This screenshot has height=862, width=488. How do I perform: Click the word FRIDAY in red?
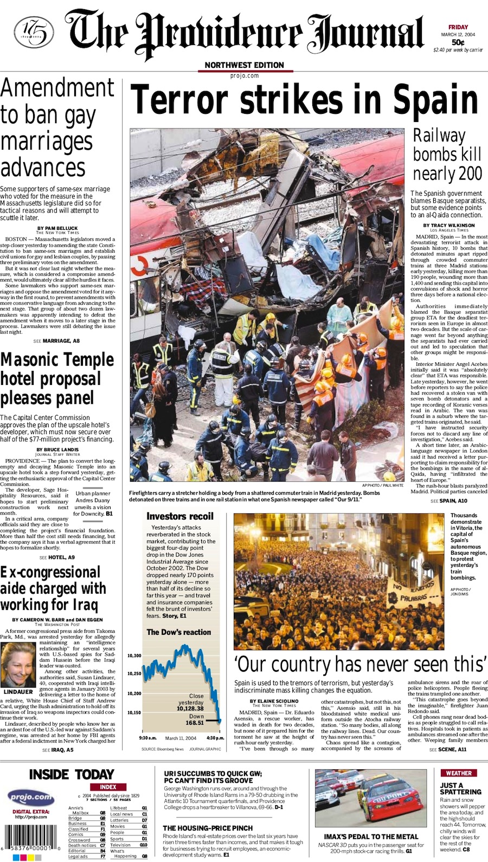pyautogui.click(x=458, y=27)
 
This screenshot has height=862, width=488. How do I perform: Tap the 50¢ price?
pyautogui.click(x=458, y=42)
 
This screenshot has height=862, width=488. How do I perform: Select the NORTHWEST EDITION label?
pyautogui.click(x=244, y=65)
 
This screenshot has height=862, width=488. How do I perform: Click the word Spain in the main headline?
pyautogui.click(x=437, y=101)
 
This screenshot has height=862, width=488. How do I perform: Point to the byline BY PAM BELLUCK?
pyautogui.click(x=57, y=228)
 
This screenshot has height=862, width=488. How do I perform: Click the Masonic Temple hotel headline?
pyautogui.click(x=57, y=379)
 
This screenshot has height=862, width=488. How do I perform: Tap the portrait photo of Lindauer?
pyautogui.click(x=18, y=665)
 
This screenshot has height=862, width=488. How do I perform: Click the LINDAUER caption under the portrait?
pyautogui.click(x=18, y=692)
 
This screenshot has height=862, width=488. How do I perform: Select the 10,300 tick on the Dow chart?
pyautogui.click(x=134, y=656)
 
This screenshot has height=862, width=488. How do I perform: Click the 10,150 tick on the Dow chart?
pyautogui.click(x=134, y=713)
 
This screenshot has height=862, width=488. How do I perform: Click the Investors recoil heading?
pyautogui.click(x=180, y=516)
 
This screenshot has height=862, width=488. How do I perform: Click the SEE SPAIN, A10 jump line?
pyautogui.click(x=448, y=501)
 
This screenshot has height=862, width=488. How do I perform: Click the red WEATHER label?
pyautogui.click(x=459, y=773)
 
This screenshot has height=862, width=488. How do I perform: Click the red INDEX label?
pyautogui.click(x=108, y=787)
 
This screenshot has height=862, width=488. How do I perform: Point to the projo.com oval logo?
pyautogui.click(x=30, y=797)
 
